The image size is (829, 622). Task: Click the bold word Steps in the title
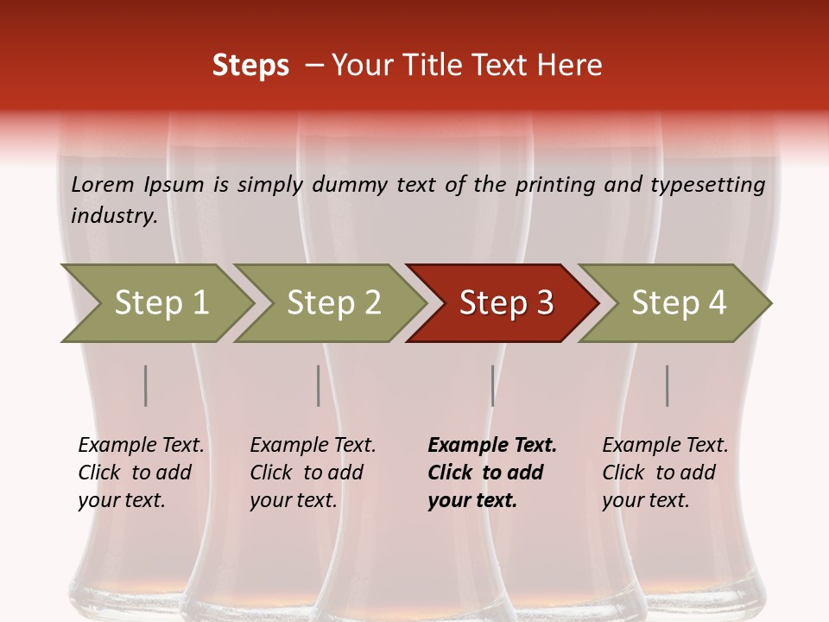point(250,66)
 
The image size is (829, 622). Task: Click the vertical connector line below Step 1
point(146,386)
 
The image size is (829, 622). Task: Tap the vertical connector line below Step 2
point(319,386)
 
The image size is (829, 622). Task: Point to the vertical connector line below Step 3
point(492,386)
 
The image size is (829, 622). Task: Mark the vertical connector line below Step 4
point(667,386)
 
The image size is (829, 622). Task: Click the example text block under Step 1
point(141,473)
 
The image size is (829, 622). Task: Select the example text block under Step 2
point(313,473)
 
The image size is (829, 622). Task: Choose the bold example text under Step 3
point(491,473)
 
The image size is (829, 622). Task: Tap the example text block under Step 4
point(665,473)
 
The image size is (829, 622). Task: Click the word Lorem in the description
point(103,184)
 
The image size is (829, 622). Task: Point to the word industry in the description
point(113,216)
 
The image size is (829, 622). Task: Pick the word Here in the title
point(574,66)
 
